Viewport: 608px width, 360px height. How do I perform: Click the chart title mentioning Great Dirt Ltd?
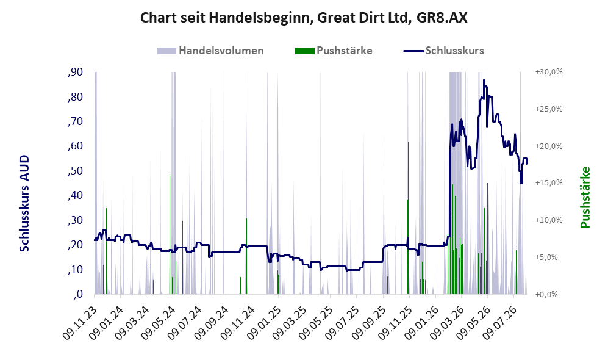click(304, 18)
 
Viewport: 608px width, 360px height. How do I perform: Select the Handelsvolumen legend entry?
click(210, 51)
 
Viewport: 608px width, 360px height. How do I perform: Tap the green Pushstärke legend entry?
click(334, 51)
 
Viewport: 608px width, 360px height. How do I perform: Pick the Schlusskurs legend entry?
click(443, 51)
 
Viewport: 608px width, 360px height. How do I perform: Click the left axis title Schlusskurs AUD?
click(24, 203)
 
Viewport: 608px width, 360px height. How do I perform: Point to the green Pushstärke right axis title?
click(585, 198)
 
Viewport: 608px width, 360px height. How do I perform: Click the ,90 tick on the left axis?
click(75, 72)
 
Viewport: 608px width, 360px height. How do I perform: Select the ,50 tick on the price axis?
click(75, 171)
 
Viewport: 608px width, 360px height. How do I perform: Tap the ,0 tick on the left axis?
click(78, 294)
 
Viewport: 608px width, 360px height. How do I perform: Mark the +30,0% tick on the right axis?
click(549, 72)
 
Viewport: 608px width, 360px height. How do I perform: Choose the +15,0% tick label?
click(549, 182)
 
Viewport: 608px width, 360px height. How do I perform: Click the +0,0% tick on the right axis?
click(547, 295)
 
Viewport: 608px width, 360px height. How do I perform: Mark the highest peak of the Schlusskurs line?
click(484, 80)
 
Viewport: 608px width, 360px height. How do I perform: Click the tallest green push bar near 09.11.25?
click(408, 218)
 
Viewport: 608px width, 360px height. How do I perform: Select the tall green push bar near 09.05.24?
click(170, 235)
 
